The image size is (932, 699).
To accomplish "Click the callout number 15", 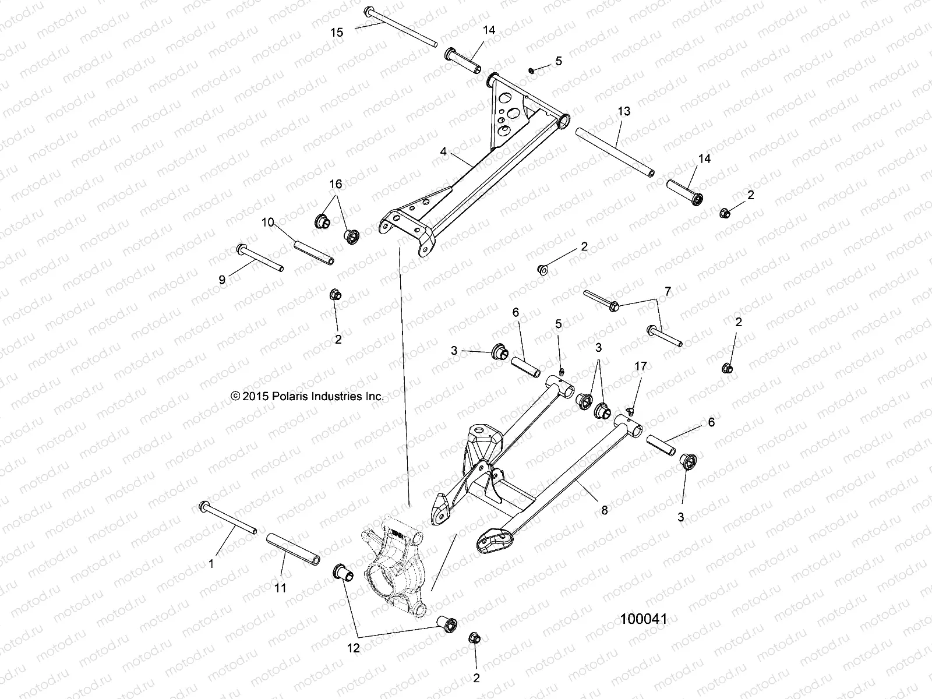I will click(x=337, y=33).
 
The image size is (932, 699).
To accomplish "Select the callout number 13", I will click(x=624, y=111).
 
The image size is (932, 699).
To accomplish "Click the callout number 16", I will click(x=336, y=184).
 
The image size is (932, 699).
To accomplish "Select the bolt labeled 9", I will click(x=260, y=258).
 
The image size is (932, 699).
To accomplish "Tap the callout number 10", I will click(x=267, y=221).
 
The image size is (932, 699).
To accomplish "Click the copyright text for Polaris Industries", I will click(x=308, y=396).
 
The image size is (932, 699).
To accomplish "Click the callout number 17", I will click(x=641, y=366).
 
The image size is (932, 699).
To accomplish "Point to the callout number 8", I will click(x=605, y=510).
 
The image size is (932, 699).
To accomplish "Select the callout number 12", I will click(x=354, y=647).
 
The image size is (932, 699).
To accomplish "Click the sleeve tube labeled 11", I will click(x=294, y=548).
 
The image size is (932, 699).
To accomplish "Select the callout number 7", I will click(x=668, y=291).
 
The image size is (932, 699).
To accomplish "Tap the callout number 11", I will click(x=280, y=588).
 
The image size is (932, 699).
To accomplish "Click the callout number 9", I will click(x=222, y=280).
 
